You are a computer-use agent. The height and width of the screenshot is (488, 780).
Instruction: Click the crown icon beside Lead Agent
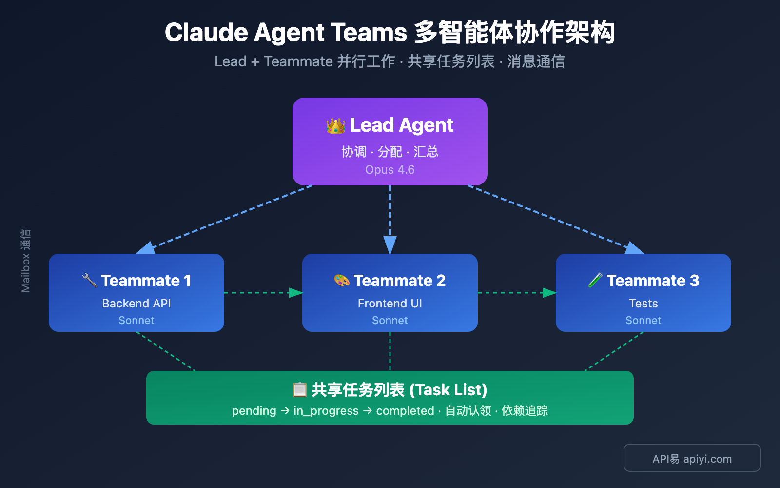click(335, 126)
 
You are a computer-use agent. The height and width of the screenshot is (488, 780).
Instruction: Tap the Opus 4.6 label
click(390, 170)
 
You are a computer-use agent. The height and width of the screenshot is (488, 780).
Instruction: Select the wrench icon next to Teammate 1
click(90, 280)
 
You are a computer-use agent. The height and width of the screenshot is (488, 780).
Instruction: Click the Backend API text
click(136, 304)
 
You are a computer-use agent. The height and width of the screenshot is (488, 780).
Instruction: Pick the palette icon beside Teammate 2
click(342, 280)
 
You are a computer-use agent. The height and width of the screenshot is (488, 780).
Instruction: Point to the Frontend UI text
click(390, 304)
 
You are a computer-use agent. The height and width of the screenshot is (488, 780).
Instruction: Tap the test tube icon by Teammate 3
click(595, 280)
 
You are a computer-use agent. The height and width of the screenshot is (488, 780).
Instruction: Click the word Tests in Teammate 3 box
click(643, 304)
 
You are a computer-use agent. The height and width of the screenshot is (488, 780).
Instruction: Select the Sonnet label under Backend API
click(136, 321)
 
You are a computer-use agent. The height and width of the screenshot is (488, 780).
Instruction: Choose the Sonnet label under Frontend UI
click(390, 321)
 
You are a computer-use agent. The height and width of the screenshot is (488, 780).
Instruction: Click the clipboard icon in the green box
click(299, 389)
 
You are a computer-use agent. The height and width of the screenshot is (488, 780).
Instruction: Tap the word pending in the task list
click(254, 411)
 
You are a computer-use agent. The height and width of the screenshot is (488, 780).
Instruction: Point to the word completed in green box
click(405, 411)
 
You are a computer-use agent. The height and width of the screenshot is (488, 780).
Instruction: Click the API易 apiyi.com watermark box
click(692, 458)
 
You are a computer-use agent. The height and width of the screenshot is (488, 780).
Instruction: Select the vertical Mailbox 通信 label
click(26, 261)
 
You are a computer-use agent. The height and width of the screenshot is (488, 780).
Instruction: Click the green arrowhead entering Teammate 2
click(296, 293)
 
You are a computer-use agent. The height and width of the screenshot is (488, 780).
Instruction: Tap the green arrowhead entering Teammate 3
click(549, 293)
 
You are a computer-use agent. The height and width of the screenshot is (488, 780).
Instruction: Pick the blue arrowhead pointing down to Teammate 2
click(390, 245)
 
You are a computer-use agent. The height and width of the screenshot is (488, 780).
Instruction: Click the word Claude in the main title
click(206, 33)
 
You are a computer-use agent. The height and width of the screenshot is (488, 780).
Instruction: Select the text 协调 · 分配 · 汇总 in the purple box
click(390, 152)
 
